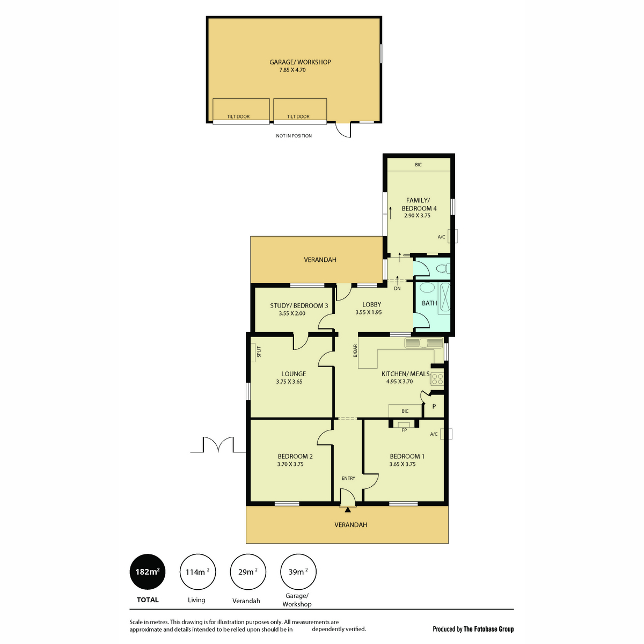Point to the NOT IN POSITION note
294,136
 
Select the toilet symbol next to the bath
442,268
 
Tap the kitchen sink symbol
423,343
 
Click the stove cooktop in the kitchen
437,379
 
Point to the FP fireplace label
404,430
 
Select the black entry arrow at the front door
348,510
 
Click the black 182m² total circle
148,572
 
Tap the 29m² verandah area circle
247,572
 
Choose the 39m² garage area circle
298,572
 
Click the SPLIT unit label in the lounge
258,352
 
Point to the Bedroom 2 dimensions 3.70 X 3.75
290,464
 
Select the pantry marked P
434,407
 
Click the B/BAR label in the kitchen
355,351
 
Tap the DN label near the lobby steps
397,289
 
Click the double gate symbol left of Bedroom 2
218,445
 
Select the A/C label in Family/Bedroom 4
441,237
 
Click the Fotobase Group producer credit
473,629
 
